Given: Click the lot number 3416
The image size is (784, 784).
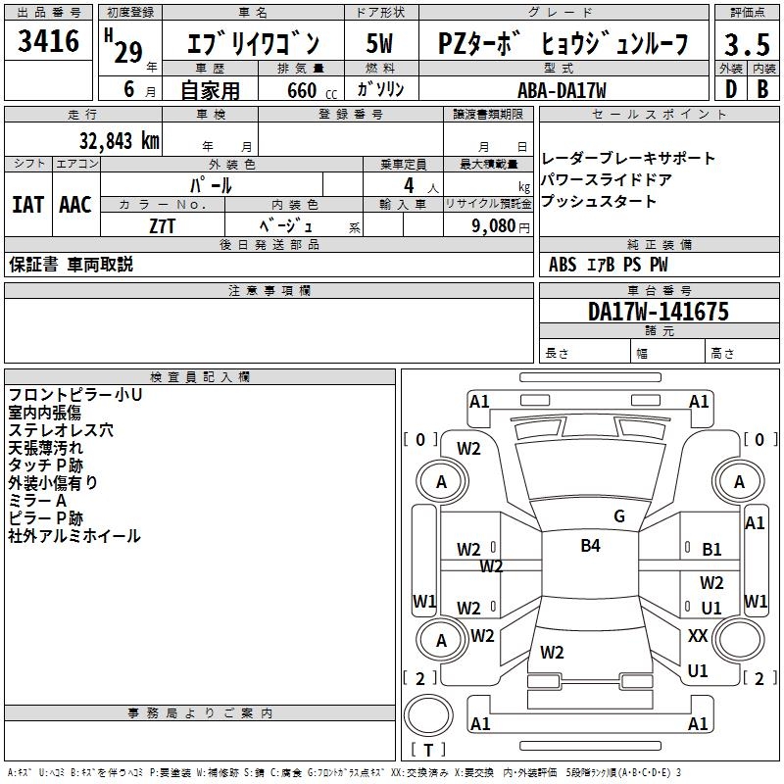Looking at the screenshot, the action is [x=48, y=41].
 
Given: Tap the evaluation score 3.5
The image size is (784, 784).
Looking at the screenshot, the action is [x=745, y=45].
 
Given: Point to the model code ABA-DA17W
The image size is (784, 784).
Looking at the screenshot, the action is [x=562, y=90].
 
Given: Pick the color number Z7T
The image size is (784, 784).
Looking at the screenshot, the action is [x=163, y=225].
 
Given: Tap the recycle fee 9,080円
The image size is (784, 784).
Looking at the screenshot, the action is [x=500, y=225].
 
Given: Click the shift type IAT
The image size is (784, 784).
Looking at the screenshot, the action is [x=28, y=205].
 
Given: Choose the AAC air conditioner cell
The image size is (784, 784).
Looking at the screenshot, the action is [x=75, y=205].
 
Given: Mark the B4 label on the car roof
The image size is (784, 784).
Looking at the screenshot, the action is [x=590, y=546].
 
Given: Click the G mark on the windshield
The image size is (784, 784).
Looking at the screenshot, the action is [x=619, y=515].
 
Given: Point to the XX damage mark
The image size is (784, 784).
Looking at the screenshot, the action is [x=698, y=636].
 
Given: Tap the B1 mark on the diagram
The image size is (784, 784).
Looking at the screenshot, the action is [x=712, y=550].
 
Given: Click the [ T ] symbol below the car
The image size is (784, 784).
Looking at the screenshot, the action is [x=428, y=751].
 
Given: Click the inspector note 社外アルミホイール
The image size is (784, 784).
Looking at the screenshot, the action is [x=74, y=536].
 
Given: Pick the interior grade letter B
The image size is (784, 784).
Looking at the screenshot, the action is [x=762, y=89].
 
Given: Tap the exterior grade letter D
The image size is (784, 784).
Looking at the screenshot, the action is [x=730, y=89].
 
